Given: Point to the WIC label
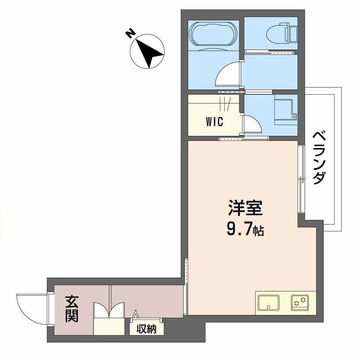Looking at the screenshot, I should tap(215, 121).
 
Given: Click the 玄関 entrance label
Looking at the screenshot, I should tap(72, 309).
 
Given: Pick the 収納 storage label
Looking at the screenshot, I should tap(146, 329).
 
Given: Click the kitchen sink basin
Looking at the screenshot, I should tap(269, 303).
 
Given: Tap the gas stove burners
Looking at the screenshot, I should tap(299, 302).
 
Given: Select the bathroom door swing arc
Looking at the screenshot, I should tap(229, 74).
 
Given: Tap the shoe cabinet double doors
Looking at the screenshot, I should tap(108, 310).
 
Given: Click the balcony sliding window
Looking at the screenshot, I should tap(301, 180).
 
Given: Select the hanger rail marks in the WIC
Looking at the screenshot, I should tap(225, 105).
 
